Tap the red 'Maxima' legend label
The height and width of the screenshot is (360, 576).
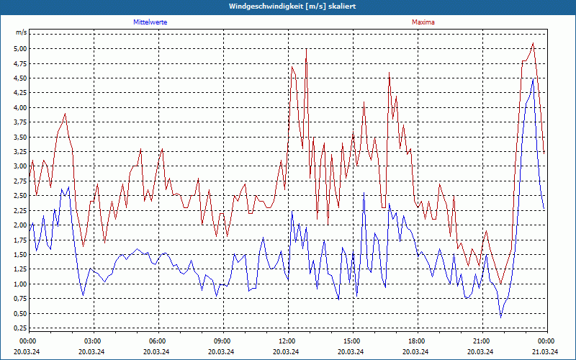[x=423, y=22]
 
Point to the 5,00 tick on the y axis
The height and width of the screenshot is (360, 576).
[x=19, y=49]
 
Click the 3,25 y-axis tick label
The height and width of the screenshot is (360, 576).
[x=19, y=152]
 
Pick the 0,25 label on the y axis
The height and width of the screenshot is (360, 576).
[x=19, y=328]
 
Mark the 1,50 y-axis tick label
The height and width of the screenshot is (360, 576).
[x=19, y=255]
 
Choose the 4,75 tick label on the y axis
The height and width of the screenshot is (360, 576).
[x=19, y=63]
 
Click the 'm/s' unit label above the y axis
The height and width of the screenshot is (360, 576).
[x=21, y=33]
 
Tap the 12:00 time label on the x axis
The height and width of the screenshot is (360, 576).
[x=287, y=341]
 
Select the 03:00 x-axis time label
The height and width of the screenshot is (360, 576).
[x=92, y=341]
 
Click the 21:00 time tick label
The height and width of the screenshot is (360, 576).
[x=481, y=341]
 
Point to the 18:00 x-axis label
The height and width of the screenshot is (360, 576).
[x=416, y=341]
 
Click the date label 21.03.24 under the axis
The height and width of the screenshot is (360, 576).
[x=545, y=352]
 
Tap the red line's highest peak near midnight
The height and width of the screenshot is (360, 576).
[x=533, y=43]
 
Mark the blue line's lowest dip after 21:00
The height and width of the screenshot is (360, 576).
[x=501, y=317]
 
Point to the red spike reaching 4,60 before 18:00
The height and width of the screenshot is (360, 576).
[x=389, y=72]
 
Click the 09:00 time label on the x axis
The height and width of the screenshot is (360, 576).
[x=222, y=341]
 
